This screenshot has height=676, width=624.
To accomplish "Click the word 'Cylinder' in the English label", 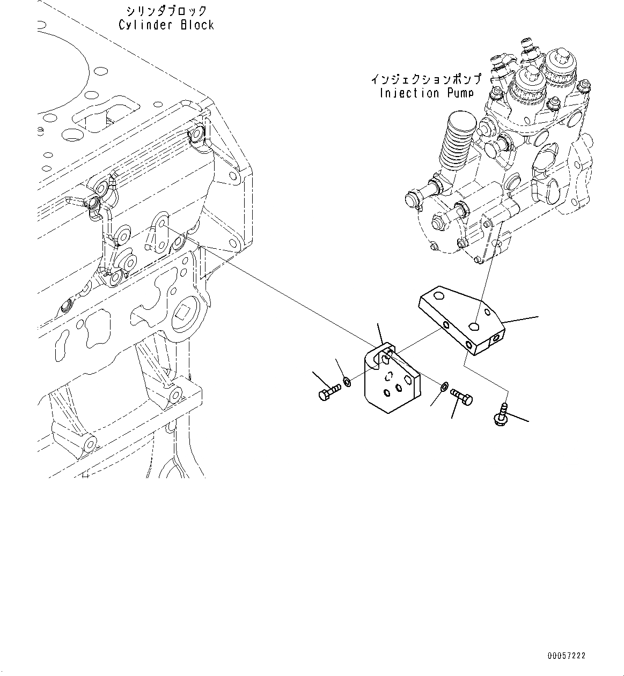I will pyautogui.click(x=144, y=25).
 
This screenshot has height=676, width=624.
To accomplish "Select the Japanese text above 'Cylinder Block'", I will pyautogui.click(x=166, y=11).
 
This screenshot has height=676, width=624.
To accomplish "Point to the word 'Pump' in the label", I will pyautogui.click(x=461, y=93).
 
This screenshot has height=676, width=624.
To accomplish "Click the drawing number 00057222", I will pyautogui.click(x=567, y=656).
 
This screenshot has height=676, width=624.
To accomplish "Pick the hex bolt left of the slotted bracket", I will pyautogui.click(x=329, y=393).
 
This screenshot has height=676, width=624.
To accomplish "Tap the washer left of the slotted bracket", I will pyautogui.click(x=348, y=382).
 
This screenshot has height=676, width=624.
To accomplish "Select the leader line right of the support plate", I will pyautogui.click(x=520, y=321).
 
